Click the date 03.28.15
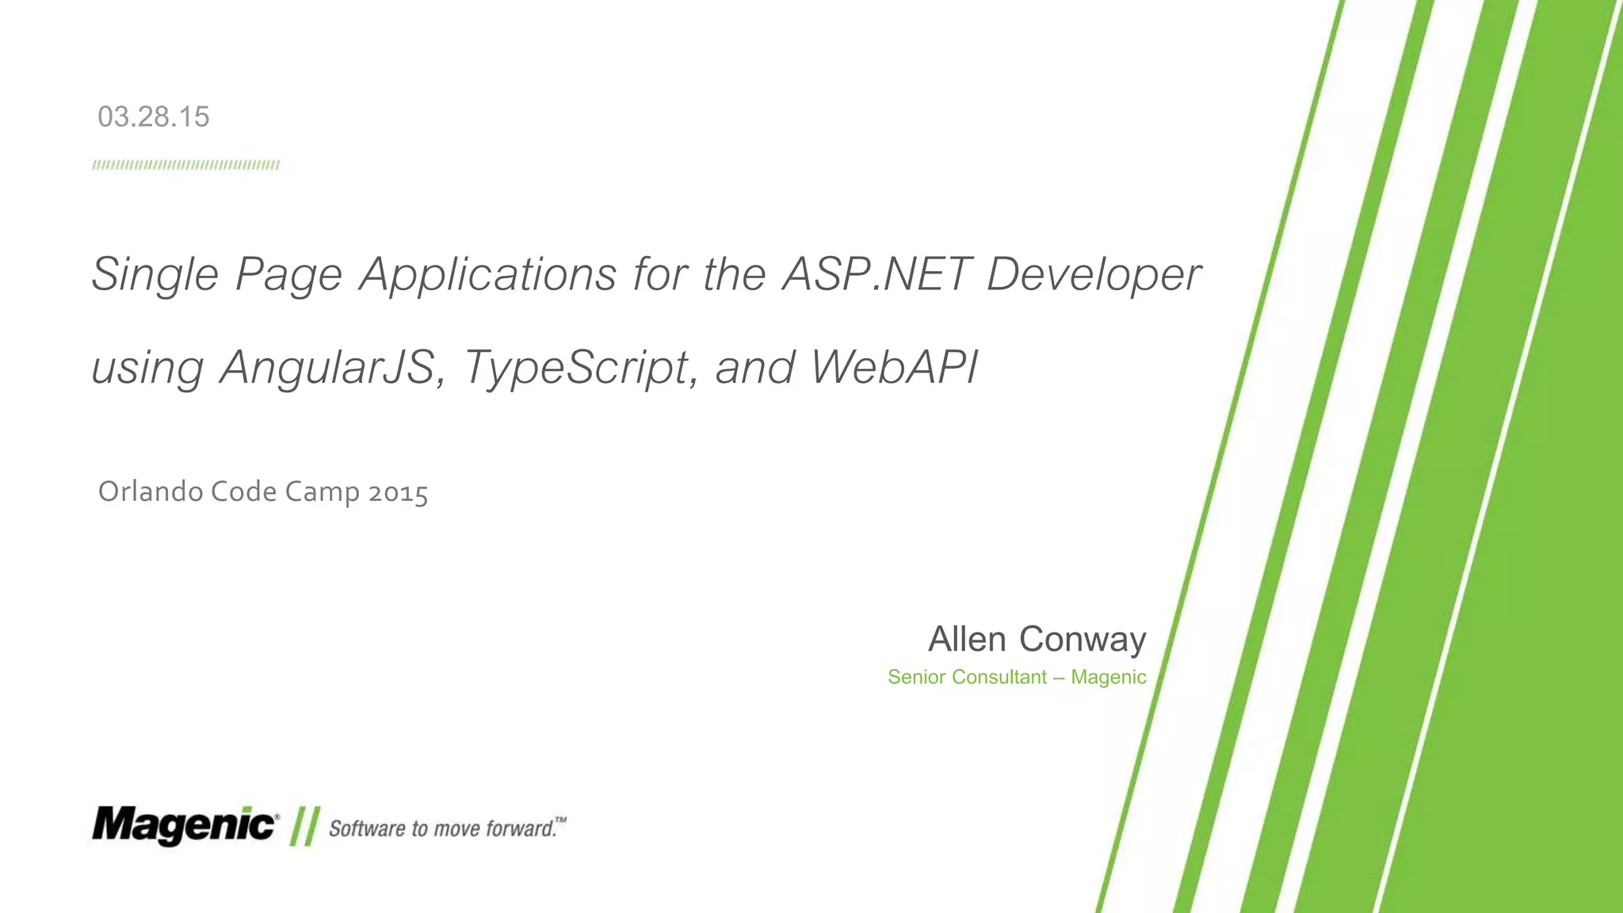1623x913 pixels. (x=153, y=117)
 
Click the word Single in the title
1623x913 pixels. (x=155, y=275)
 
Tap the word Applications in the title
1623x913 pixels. (x=488, y=275)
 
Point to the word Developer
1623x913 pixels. (x=1094, y=275)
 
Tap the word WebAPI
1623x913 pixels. (x=894, y=368)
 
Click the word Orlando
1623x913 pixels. (x=151, y=492)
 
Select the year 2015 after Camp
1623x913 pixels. (x=398, y=493)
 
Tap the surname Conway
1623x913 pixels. (x=1083, y=640)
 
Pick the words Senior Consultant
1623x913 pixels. (x=967, y=677)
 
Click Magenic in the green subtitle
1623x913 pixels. (x=1108, y=677)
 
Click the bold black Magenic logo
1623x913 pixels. (x=184, y=826)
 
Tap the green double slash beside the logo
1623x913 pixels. (x=304, y=827)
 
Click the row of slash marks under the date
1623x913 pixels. (x=185, y=166)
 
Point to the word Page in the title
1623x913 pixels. (x=288, y=275)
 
